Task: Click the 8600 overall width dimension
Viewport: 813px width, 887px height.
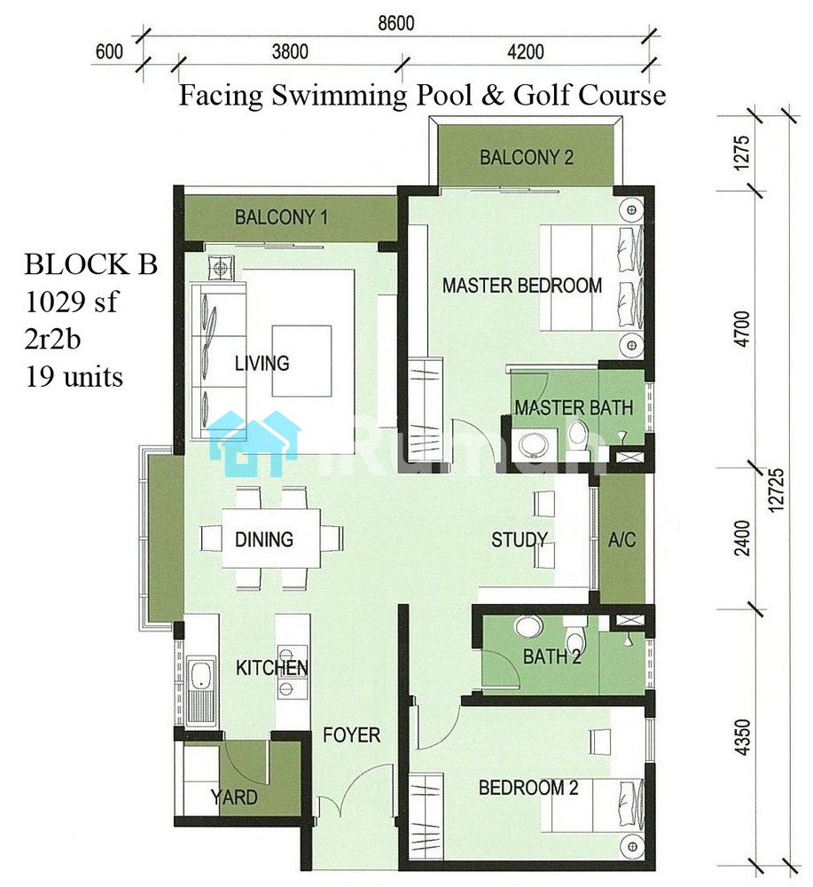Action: click(x=395, y=23)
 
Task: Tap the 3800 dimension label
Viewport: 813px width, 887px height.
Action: click(x=290, y=52)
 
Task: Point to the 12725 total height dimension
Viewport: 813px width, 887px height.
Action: click(x=777, y=490)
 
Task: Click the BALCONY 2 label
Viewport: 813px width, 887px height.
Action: click(x=527, y=157)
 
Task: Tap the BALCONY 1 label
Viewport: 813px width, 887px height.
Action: click(x=281, y=216)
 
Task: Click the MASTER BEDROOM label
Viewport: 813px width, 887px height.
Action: click(x=522, y=285)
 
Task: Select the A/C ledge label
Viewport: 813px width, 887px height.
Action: click(x=621, y=539)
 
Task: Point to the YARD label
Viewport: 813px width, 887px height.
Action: click(x=234, y=797)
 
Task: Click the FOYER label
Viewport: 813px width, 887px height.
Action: click(x=351, y=734)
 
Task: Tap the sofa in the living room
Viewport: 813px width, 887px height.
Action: click(x=218, y=361)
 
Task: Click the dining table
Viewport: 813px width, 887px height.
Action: click(x=270, y=538)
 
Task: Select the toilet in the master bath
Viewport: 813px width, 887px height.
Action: click(x=578, y=436)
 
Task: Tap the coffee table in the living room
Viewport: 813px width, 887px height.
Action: click(x=301, y=361)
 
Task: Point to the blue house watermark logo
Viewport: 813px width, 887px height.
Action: click(x=253, y=443)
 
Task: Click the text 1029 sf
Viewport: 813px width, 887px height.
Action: click(x=71, y=301)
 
